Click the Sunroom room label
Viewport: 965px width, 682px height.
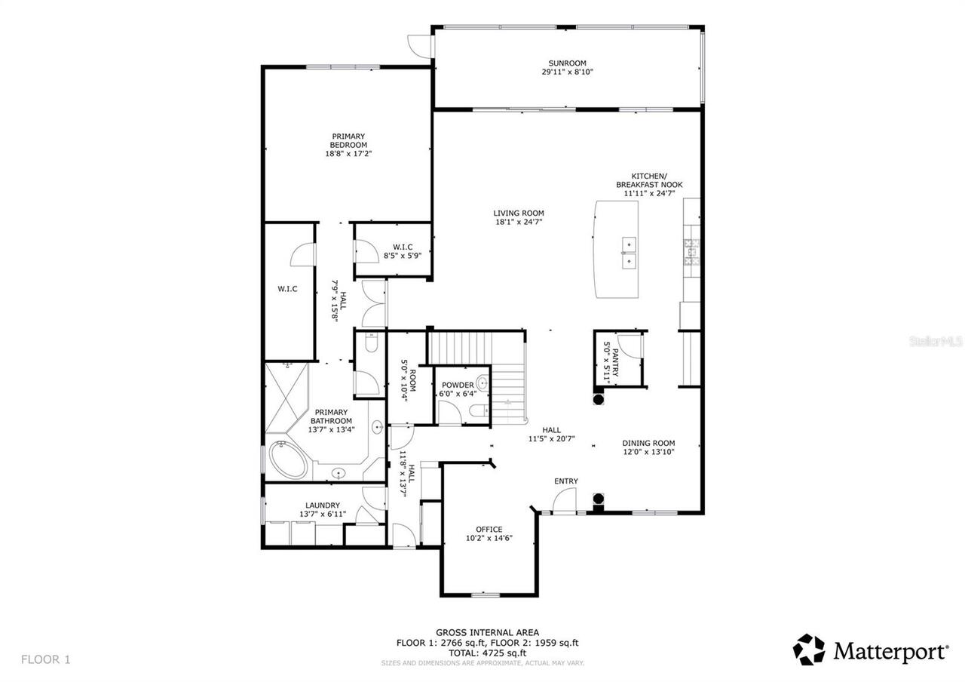[567, 63]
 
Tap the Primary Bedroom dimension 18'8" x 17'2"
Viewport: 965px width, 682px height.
[348, 153]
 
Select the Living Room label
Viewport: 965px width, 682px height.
[519, 214]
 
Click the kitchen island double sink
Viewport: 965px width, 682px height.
[628, 253]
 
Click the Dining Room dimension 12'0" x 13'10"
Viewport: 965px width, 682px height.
[648, 452]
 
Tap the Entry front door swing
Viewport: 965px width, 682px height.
[565, 500]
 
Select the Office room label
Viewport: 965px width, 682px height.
[489, 529]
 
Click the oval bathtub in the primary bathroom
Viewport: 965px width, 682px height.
[289, 459]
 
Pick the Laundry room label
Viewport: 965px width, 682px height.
[322, 505]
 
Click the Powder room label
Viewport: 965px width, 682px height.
[458, 385]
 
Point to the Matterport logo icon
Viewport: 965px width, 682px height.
[809, 650]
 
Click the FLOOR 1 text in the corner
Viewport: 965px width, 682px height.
[45, 659]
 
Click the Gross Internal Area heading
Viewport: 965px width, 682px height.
[487, 633]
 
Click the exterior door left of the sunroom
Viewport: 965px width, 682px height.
[417, 46]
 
